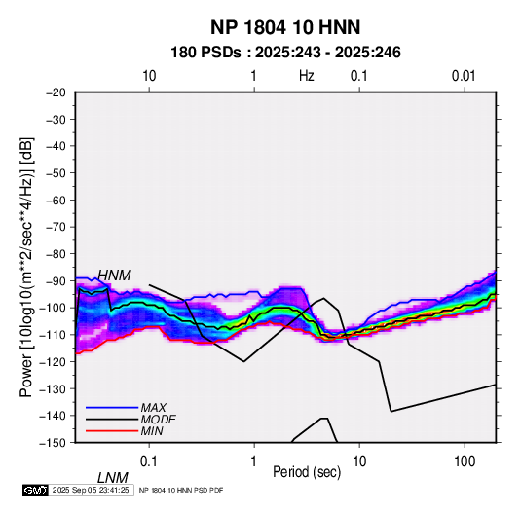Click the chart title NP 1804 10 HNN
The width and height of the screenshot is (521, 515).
[285, 27]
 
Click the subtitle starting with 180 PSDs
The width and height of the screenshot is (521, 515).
[285, 53]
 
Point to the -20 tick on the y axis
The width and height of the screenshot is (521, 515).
[56, 92]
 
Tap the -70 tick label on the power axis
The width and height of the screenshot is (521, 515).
[56, 227]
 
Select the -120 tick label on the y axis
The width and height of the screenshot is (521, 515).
[54, 362]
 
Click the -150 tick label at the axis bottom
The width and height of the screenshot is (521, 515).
[54, 443]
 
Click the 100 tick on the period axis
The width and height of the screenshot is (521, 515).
[465, 461]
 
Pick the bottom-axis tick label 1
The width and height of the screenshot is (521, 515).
[254, 461]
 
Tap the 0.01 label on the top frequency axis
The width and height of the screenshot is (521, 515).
[464, 76]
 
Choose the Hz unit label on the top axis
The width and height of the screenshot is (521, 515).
[307, 76]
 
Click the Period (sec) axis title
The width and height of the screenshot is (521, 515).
[307, 472]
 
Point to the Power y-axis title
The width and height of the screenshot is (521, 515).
[26, 267]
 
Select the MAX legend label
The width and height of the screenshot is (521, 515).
[154, 408]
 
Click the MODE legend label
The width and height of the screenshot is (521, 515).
[158, 420]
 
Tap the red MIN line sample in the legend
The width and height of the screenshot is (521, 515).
[112, 431]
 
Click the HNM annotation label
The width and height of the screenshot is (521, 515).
[114, 276]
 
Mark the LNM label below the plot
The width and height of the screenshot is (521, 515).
[113, 478]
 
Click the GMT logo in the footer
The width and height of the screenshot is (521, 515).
[35, 490]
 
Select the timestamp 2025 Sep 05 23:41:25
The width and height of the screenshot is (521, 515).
[91, 490]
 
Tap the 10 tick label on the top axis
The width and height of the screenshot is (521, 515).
[149, 76]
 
